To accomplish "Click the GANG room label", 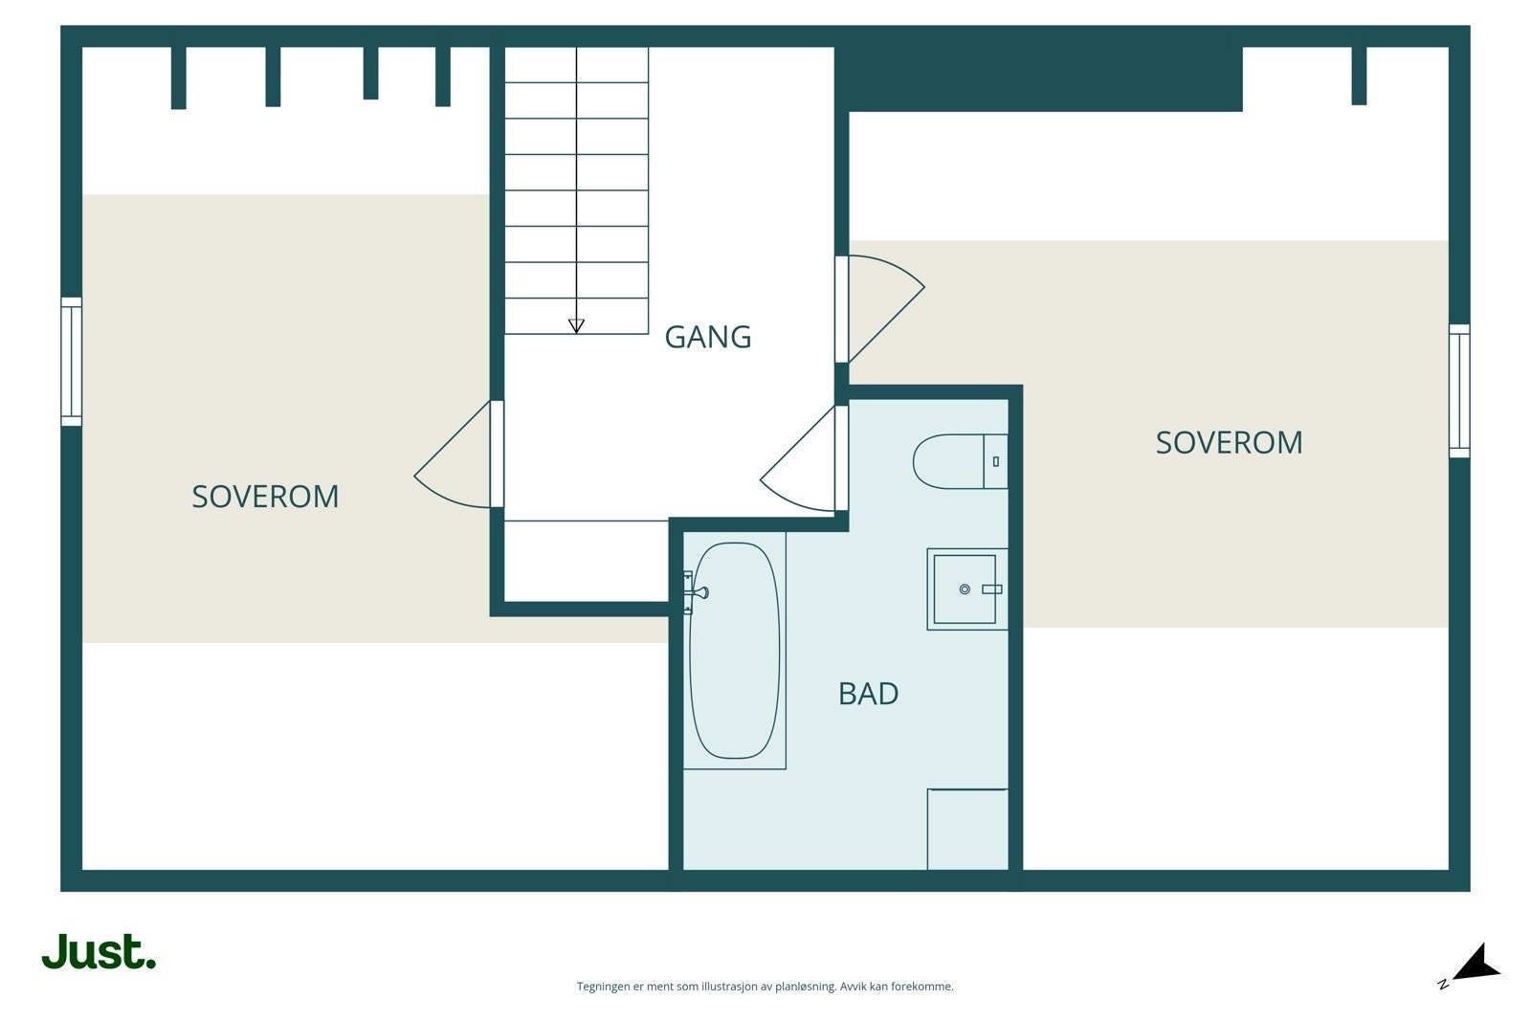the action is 707,337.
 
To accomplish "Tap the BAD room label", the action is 868,694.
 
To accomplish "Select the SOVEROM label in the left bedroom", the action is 265,497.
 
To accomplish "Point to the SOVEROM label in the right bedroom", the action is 1229,443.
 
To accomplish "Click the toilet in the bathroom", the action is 961,461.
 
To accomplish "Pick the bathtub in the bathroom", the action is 734,651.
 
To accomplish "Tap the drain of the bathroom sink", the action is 965,589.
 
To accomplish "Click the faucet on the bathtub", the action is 697,591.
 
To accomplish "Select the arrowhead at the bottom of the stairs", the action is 576,326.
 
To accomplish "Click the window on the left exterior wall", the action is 71,362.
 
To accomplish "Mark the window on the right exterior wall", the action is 1459,391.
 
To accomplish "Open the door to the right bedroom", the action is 880,308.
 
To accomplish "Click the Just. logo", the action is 100,951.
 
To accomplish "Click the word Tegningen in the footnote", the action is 604,987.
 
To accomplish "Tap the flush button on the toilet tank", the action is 996,462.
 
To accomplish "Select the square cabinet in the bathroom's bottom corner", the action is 967,830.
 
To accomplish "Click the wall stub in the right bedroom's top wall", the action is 1359,76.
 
